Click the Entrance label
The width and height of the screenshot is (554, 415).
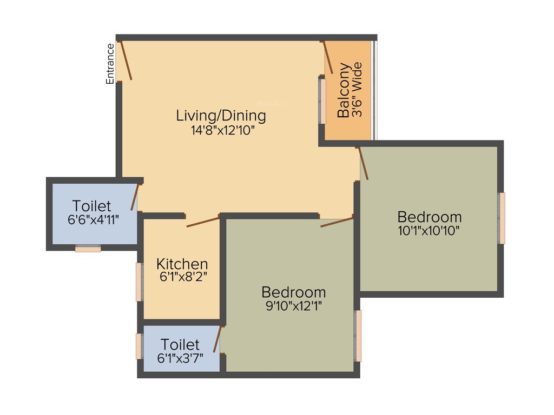coord(110,63)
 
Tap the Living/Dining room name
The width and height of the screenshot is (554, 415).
coord(221,115)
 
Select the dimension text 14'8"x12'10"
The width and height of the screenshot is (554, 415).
coord(221,130)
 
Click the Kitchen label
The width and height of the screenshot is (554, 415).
coord(182,264)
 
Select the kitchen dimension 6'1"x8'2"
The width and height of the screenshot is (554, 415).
coord(183,277)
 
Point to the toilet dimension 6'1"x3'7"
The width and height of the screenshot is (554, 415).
coord(180,358)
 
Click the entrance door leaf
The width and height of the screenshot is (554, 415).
coord(126,61)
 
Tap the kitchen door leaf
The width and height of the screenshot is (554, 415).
coord(203,222)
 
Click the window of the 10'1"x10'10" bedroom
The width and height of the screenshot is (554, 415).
coord(502,218)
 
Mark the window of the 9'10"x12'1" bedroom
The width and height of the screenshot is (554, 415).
coord(358,336)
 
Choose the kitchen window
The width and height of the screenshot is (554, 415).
coord(139,282)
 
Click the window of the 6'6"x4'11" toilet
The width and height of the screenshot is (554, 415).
coord(88,249)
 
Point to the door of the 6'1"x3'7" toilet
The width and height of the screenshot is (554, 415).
coord(217,339)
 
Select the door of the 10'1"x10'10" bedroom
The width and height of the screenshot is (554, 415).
coord(364,163)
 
